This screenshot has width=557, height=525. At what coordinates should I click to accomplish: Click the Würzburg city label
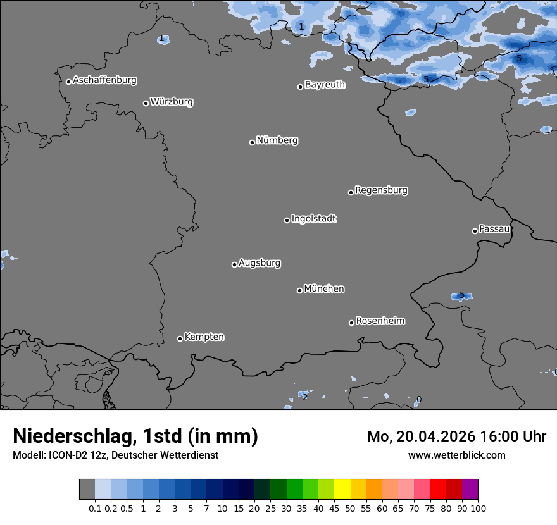[172, 102]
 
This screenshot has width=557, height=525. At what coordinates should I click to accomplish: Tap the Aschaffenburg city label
[104, 80]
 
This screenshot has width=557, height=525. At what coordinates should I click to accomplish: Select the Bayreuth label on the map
[325, 85]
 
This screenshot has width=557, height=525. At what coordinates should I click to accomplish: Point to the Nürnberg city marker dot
[252, 142]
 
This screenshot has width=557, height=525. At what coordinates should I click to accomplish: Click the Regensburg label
[381, 190]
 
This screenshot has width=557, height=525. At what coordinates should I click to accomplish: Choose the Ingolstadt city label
[313, 219]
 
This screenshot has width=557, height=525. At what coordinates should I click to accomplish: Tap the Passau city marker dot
[475, 231]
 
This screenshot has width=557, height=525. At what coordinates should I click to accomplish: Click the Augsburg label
[260, 263]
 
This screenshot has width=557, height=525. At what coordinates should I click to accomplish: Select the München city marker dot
[299, 290]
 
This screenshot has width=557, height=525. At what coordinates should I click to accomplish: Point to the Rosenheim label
[380, 321]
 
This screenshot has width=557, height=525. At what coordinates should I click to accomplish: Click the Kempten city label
[204, 337]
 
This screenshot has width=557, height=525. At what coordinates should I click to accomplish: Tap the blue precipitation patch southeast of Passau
[461, 296]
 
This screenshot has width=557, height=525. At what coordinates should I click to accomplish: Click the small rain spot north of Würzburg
[163, 39]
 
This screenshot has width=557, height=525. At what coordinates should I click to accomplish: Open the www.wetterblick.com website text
[456, 455]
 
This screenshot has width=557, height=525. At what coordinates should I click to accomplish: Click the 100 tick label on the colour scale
[478, 509]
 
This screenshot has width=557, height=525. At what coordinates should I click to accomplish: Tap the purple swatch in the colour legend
[470, 490]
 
